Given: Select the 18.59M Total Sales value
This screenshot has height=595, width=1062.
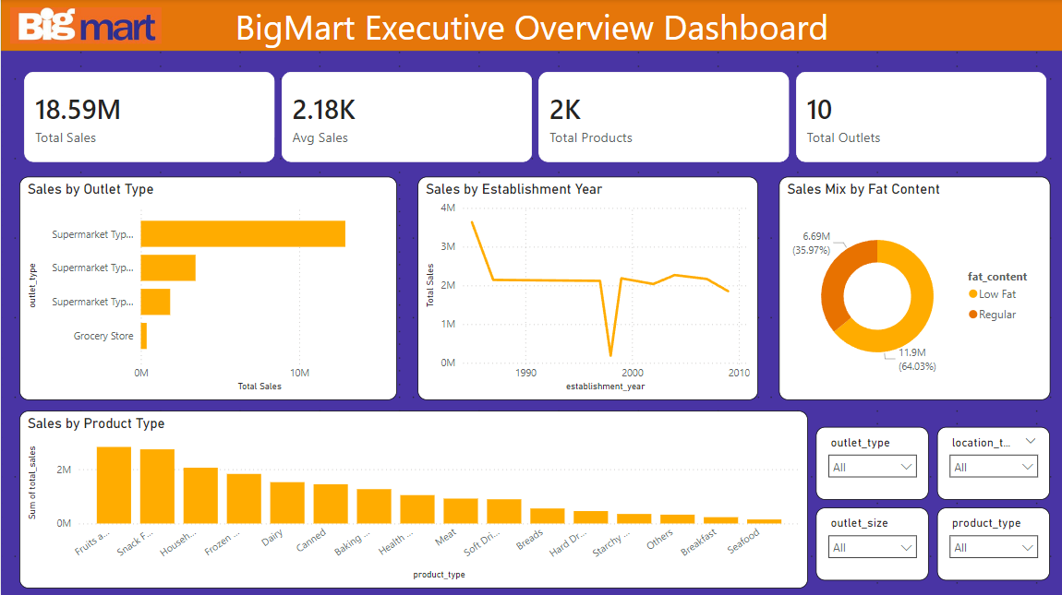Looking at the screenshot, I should pyautogui.click(x=78, y=110).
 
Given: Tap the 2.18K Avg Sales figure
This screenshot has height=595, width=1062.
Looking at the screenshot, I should pyautogui.click(x=323, y=110).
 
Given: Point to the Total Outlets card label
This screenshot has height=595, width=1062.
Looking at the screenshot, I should pyautogui.click(x=843, y=138).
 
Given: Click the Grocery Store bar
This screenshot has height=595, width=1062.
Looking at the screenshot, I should pyautogui.click(x=144, y=337).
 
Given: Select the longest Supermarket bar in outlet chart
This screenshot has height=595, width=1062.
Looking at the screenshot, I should pyautogui.click(x=243, y=233).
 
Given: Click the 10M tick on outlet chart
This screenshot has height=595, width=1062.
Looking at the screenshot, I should pyautogui.click(x=299, y=373).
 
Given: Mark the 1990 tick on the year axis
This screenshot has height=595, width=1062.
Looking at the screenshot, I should pyautogui.click(x=525, y=373).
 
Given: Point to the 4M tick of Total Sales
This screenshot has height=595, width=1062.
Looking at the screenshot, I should pyautogui.click(x=448, y=208).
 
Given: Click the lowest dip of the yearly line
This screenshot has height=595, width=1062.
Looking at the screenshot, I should pyautogui.click(x=610, y=355).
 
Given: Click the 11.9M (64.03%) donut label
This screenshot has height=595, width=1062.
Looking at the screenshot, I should pyautogui.click(x=917, y=360).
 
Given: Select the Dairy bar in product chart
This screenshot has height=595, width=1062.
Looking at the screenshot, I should pyautogui.click(x=287, y=503).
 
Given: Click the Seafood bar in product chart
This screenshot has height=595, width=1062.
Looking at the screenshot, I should pyautogui.click(x=764, y=521).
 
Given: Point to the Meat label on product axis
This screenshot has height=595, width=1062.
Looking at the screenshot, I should pyautogui.click(x=446, y=536).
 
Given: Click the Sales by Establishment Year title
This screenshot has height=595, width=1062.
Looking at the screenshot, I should pyautogui.click(x=513, y=189).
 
